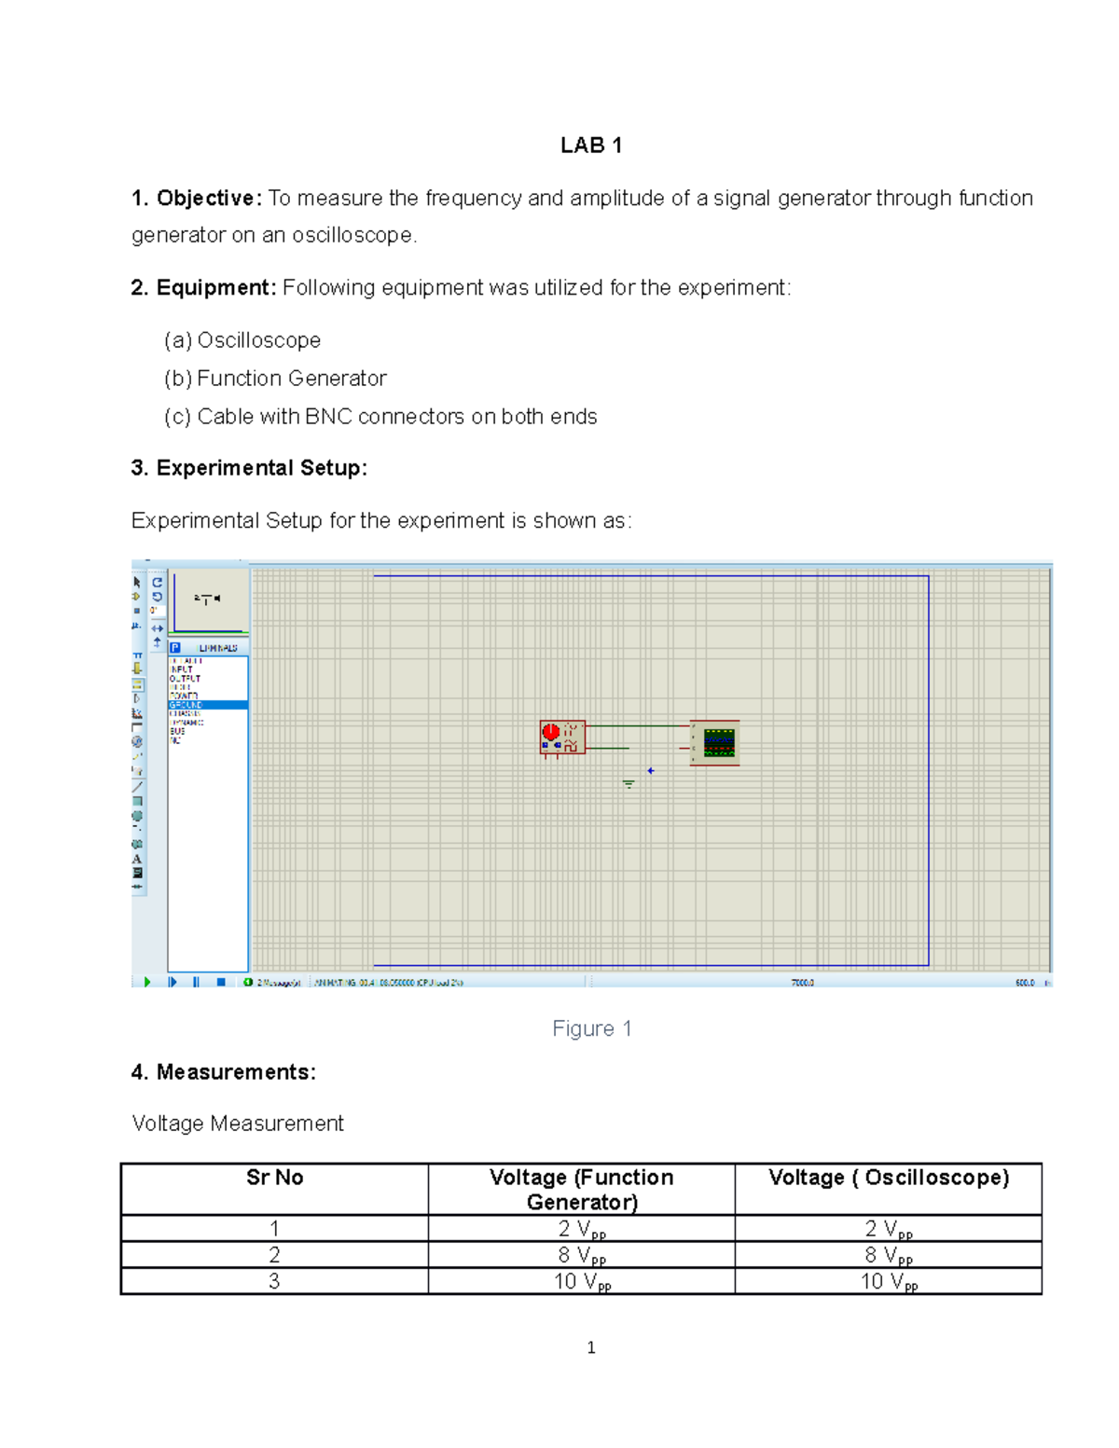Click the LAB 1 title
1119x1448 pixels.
591,145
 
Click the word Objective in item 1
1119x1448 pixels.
205,199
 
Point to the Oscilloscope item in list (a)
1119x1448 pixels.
258,340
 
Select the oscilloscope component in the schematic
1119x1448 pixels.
716,742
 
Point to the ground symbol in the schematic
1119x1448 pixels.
629,783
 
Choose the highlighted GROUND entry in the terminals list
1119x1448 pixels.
207,705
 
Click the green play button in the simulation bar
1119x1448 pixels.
147,982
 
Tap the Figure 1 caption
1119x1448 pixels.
591,1028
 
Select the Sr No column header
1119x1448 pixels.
274,1178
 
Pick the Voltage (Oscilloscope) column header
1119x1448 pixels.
888,1178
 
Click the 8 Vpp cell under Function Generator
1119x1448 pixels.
581,1255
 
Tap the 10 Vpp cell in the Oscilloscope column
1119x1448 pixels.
888,1282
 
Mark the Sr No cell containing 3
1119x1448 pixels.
274,1281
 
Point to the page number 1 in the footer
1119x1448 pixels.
591,1347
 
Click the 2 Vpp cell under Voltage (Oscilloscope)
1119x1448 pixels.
888,1229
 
